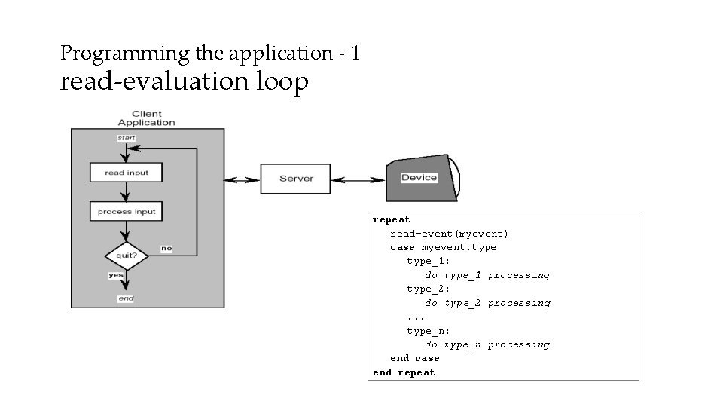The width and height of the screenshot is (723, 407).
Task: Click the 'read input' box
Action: pos(127,173)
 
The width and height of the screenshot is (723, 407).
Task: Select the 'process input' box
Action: pos(127,212)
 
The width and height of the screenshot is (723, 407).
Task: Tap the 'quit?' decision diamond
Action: pos(127,256)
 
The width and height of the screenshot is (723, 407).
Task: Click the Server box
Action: pos(296,179)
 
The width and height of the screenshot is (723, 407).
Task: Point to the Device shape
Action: pos(419,179)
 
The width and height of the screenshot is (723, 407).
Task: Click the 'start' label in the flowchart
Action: pos(126,138)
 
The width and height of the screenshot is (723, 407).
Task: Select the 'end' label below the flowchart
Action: pos(126,299)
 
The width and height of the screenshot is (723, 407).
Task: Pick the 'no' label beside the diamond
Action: pos(166,249)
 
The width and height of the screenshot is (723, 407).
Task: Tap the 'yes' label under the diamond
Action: pos(116,275)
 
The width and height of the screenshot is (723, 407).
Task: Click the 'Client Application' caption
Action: pos(147,118)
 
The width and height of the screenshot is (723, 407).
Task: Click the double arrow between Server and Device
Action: pos(358,179)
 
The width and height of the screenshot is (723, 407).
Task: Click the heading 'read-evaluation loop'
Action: pos(184,81)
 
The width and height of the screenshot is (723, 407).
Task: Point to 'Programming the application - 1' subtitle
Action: pos(210,54)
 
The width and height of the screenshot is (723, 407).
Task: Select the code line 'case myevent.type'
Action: pos(443,247)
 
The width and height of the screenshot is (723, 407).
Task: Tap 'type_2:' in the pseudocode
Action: pos(429,289)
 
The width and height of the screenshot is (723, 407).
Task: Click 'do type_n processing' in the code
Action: pos(487,344)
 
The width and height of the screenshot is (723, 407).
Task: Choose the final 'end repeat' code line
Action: pos(404,372)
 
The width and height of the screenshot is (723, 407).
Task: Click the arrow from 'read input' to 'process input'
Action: pos(127,191)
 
